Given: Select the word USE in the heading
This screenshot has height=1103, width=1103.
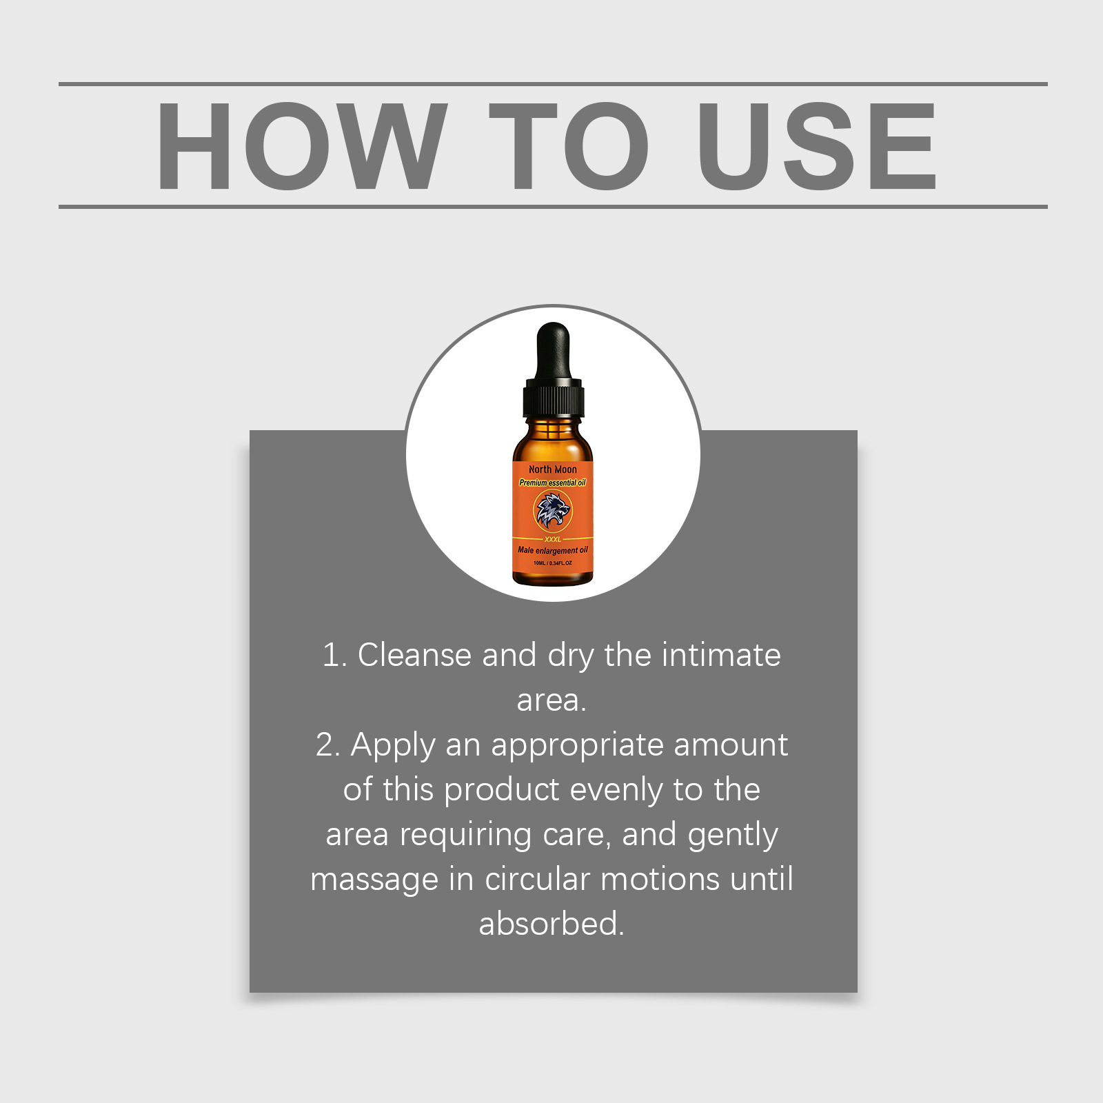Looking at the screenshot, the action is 817,146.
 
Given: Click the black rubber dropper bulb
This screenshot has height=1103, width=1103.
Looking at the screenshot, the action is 554,349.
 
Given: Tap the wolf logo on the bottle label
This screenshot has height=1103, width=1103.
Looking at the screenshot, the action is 554,511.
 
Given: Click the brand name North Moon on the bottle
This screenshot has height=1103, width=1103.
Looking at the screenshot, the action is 553,469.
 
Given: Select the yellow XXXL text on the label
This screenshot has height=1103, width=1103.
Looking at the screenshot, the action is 553,539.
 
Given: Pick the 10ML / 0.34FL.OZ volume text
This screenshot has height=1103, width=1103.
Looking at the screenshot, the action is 553,563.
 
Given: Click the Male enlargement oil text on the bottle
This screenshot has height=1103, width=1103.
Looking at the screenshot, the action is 553,550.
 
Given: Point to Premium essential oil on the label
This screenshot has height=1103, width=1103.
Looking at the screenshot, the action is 553,483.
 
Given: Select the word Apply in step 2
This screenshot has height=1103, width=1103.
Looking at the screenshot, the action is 394,746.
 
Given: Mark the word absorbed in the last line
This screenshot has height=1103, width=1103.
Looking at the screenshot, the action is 551,924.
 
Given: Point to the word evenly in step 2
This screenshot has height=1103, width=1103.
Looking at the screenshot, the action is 616,791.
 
